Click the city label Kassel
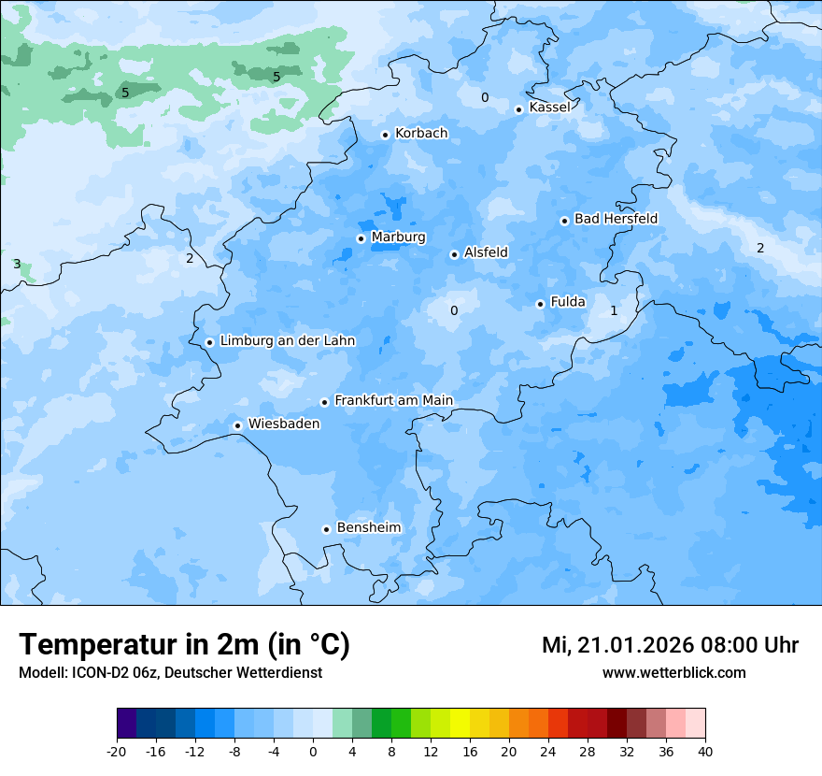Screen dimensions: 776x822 click(x=549, y=108)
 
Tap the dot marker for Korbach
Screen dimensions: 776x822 click(x=385, y=135)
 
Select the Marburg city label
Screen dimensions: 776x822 click(x=398, y=237)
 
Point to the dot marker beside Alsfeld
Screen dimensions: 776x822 click(x=454, y=254)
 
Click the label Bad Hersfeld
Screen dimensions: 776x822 click(x=616, y=219)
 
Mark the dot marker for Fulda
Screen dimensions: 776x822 click(x=540, y=304)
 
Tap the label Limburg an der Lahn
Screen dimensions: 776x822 click(x=287, y=341)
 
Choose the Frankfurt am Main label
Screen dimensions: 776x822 click(x=393, y=401)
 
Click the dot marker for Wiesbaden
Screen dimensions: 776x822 click(x=238, y=425)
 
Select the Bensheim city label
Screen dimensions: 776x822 click(x=368, y=528)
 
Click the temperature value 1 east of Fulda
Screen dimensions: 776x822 click(x=614, y=310)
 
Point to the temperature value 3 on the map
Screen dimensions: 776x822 click(x=17, y=265)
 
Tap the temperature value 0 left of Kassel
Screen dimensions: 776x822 click(x=484, y=98)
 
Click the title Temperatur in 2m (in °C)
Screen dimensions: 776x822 click(x=185, y=645)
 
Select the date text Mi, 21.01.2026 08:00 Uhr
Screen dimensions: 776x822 click(x=670, y=646)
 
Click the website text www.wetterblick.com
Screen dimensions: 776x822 click(x=673, y=673)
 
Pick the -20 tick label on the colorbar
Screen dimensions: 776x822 click(x=117, y=752)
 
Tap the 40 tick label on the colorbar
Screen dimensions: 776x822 click(x=705, y=752)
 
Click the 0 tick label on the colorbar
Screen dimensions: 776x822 click(x=313, y=752)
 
